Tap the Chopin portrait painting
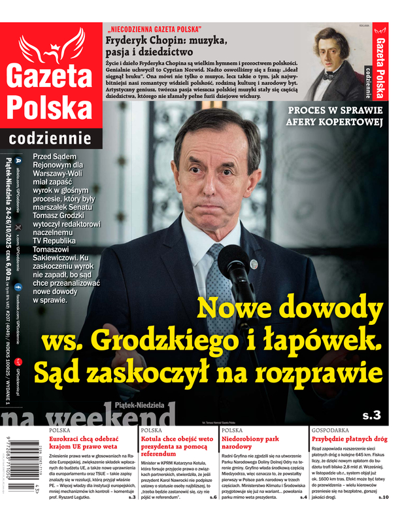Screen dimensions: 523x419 pyautogui.click(x=333, y=63)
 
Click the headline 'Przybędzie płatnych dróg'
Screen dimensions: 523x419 pyautogui.click(x=349, y=440)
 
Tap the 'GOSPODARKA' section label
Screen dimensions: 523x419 pyautogui.click(x=334, y=430)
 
